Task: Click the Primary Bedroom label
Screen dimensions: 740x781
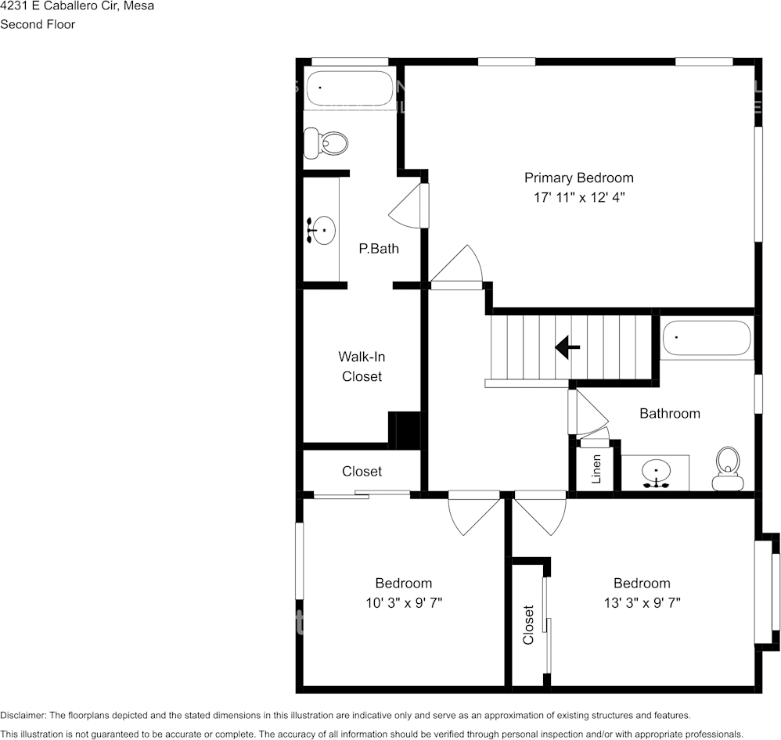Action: pos(578,178)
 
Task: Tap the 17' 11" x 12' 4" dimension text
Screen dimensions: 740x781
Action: pos(578,198)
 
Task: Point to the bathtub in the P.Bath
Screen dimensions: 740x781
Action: pos(350,89)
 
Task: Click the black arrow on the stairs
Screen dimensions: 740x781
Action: pos(567,347)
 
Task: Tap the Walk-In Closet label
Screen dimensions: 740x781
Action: pos(362,366)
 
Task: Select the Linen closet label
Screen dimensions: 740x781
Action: pos(596,469)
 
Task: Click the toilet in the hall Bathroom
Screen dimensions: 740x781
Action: pos(728,469)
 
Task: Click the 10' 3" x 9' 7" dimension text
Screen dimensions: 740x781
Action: pos(403,603)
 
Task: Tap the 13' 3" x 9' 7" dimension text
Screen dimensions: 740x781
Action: pos(642,603)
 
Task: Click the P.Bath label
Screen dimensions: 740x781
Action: pos(379,249)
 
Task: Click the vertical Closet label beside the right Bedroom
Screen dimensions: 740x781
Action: pos(528,624)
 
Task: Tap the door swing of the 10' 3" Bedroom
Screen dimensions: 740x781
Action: pos(473,515)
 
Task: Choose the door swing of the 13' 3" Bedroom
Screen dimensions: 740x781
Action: pos(539,515)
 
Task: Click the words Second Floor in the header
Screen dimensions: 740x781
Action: pos(38,24)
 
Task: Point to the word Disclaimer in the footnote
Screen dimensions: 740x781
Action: pos(23,715)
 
